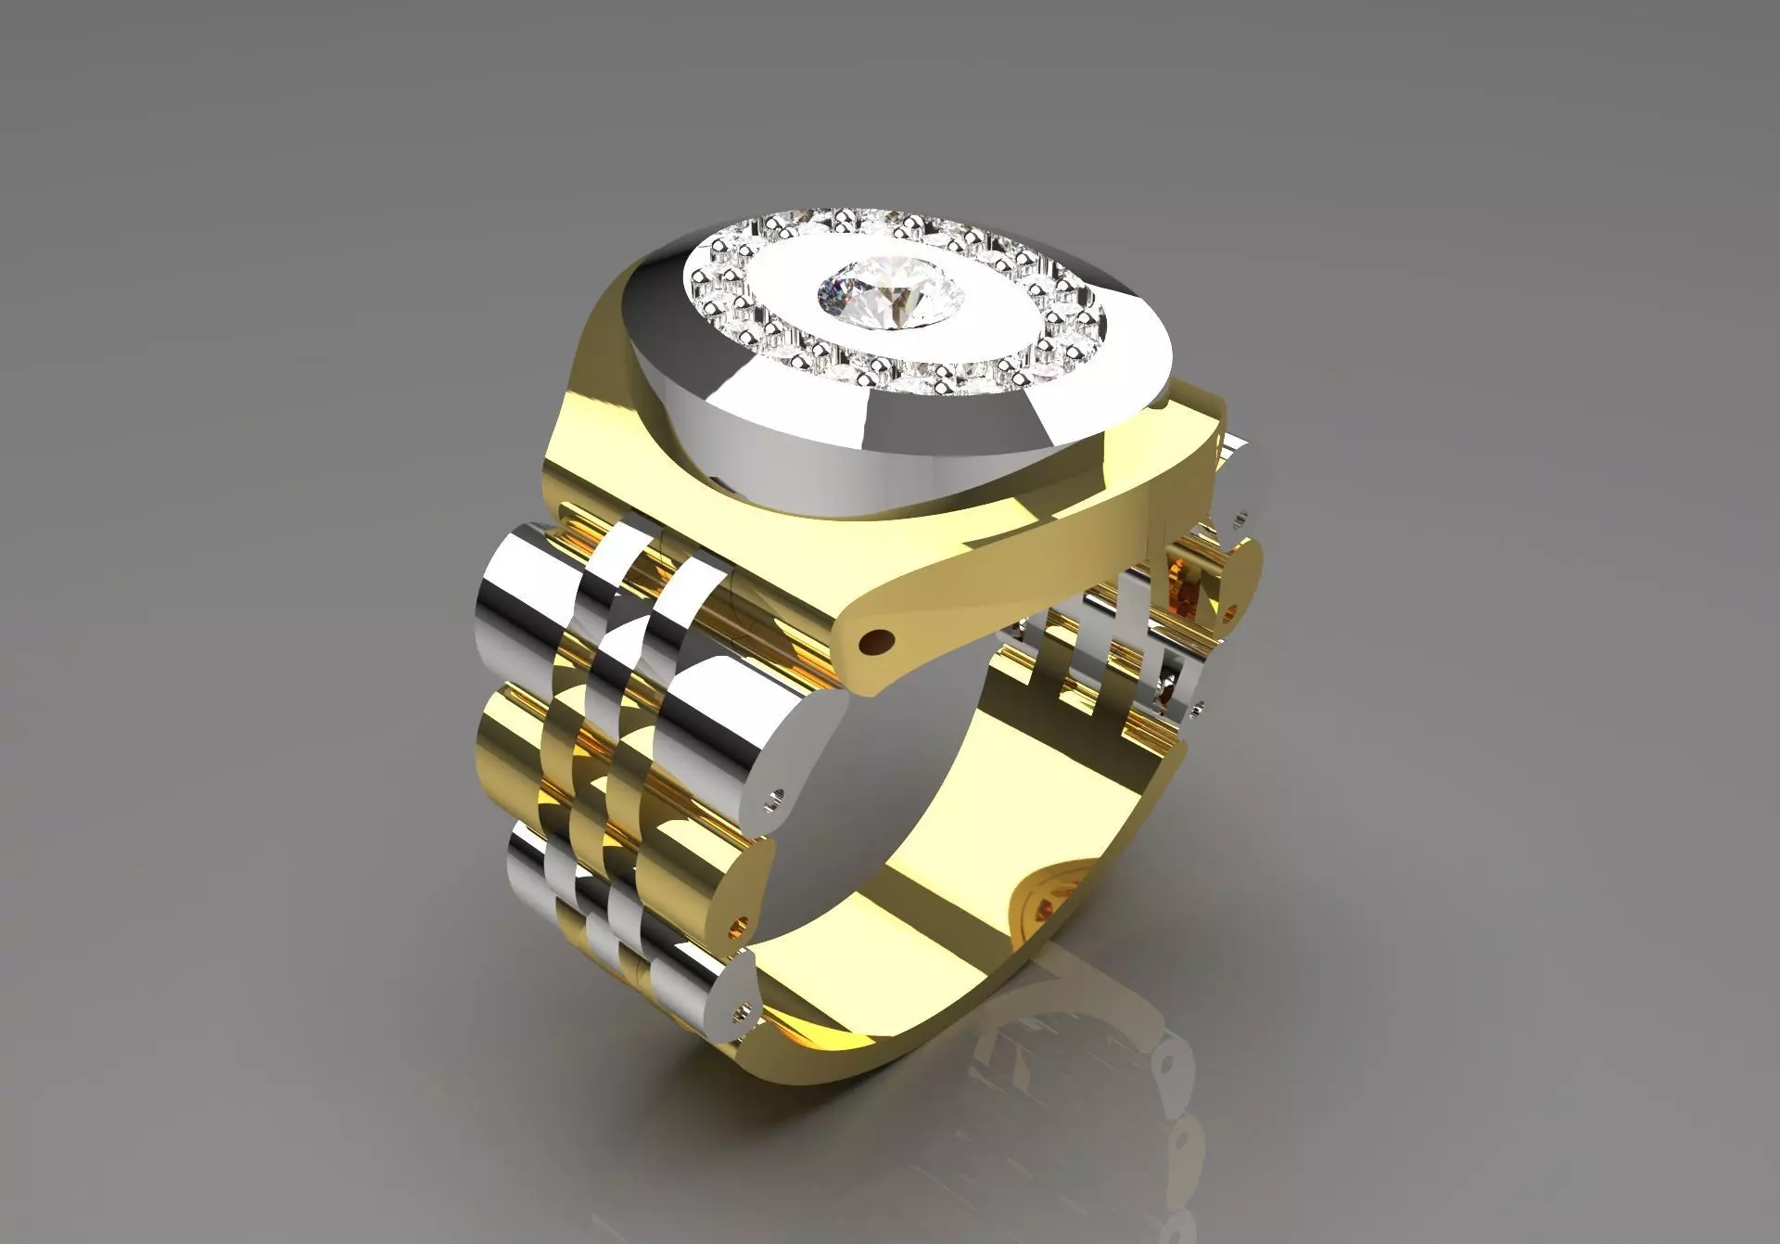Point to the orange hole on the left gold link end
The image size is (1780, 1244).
point(739,897)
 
